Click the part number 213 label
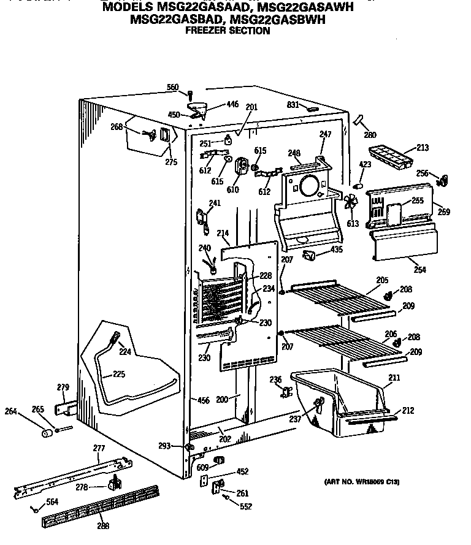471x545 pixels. [x=422, y=148]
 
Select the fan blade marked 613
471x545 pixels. [x=351, y=204]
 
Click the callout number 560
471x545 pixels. [x=173, y=88]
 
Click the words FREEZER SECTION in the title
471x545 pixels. [x=228, y=31]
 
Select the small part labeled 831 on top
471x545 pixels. [x=312, y=109]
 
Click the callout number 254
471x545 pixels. [x=419, y=269]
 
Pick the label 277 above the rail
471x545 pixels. [x=99, y=449]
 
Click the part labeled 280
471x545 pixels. [x=359, y=121]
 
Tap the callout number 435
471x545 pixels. [x=337, y=250]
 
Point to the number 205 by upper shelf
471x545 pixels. [x=382, y=280]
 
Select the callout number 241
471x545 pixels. [x=215, y=204]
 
